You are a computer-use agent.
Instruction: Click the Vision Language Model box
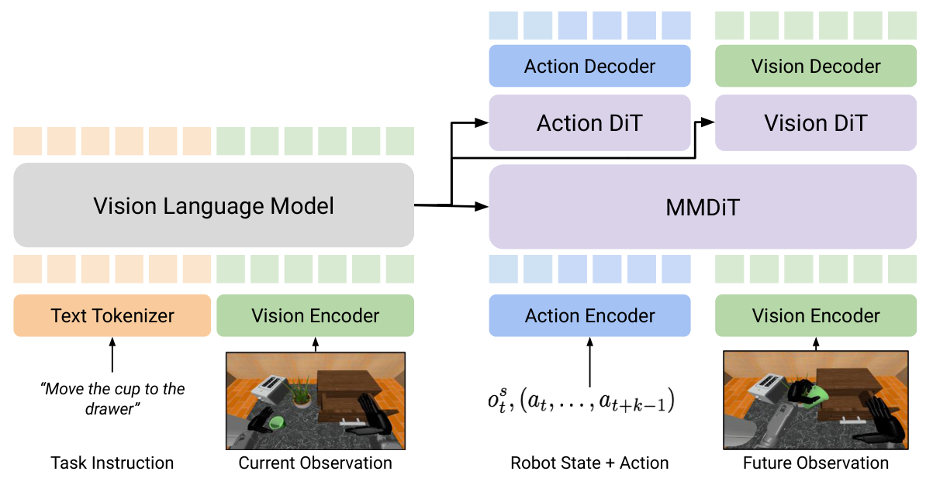point(213,205)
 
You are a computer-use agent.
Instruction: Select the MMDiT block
point(702,207)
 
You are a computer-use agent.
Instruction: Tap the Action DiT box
point(589,122)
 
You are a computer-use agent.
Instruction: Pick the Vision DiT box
point(815,122)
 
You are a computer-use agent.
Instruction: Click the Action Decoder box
point(589,66)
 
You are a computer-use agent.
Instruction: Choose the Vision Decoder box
point(815,66)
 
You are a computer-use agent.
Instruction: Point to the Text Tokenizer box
point(112,315)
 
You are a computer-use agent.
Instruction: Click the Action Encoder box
point(589,315)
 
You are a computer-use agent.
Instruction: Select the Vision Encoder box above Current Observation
point(315,315)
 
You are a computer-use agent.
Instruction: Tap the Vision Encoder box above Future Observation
point(815,315)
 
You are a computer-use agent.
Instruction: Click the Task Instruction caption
point(112,463)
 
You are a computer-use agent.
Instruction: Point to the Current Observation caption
point(315,463)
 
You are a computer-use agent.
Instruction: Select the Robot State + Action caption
point(589,463)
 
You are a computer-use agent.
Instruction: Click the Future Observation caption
point(815,463)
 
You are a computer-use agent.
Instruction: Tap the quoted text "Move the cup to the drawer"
point(112,398)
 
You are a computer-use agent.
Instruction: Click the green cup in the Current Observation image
point(275,422)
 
